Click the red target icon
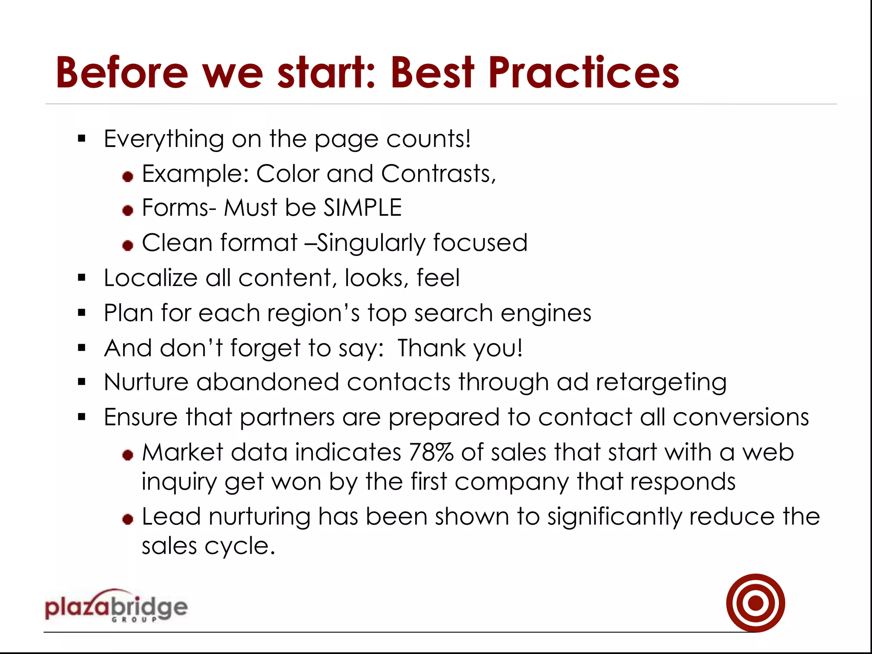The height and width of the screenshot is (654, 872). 755,602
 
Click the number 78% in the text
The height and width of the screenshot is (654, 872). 430,452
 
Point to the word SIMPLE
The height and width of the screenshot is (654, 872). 362,208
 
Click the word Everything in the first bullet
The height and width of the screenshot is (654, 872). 164,139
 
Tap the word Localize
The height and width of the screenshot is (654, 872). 150,278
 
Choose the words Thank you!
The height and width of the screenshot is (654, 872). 460,348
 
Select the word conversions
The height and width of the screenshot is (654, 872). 740,417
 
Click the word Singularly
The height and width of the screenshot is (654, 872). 371,244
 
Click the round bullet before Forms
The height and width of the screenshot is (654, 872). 128,210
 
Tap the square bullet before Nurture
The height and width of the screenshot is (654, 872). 82,382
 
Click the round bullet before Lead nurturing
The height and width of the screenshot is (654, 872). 128,519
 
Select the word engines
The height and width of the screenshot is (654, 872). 546,313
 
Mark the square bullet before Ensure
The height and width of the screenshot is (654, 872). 82,417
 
